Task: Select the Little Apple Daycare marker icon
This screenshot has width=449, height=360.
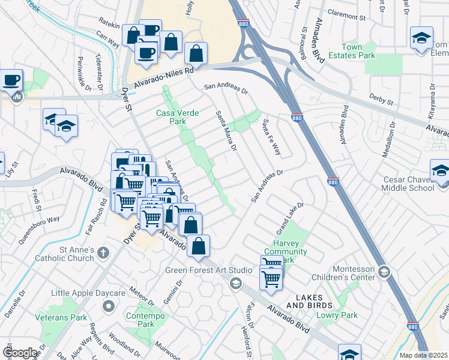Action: (109, 307)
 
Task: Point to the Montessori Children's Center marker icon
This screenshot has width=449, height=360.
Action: (384, 273)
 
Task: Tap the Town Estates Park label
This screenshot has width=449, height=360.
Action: (359, 50)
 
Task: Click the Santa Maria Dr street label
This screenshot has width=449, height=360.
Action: (226, 129)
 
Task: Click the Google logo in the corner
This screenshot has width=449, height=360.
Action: (20, 353)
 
